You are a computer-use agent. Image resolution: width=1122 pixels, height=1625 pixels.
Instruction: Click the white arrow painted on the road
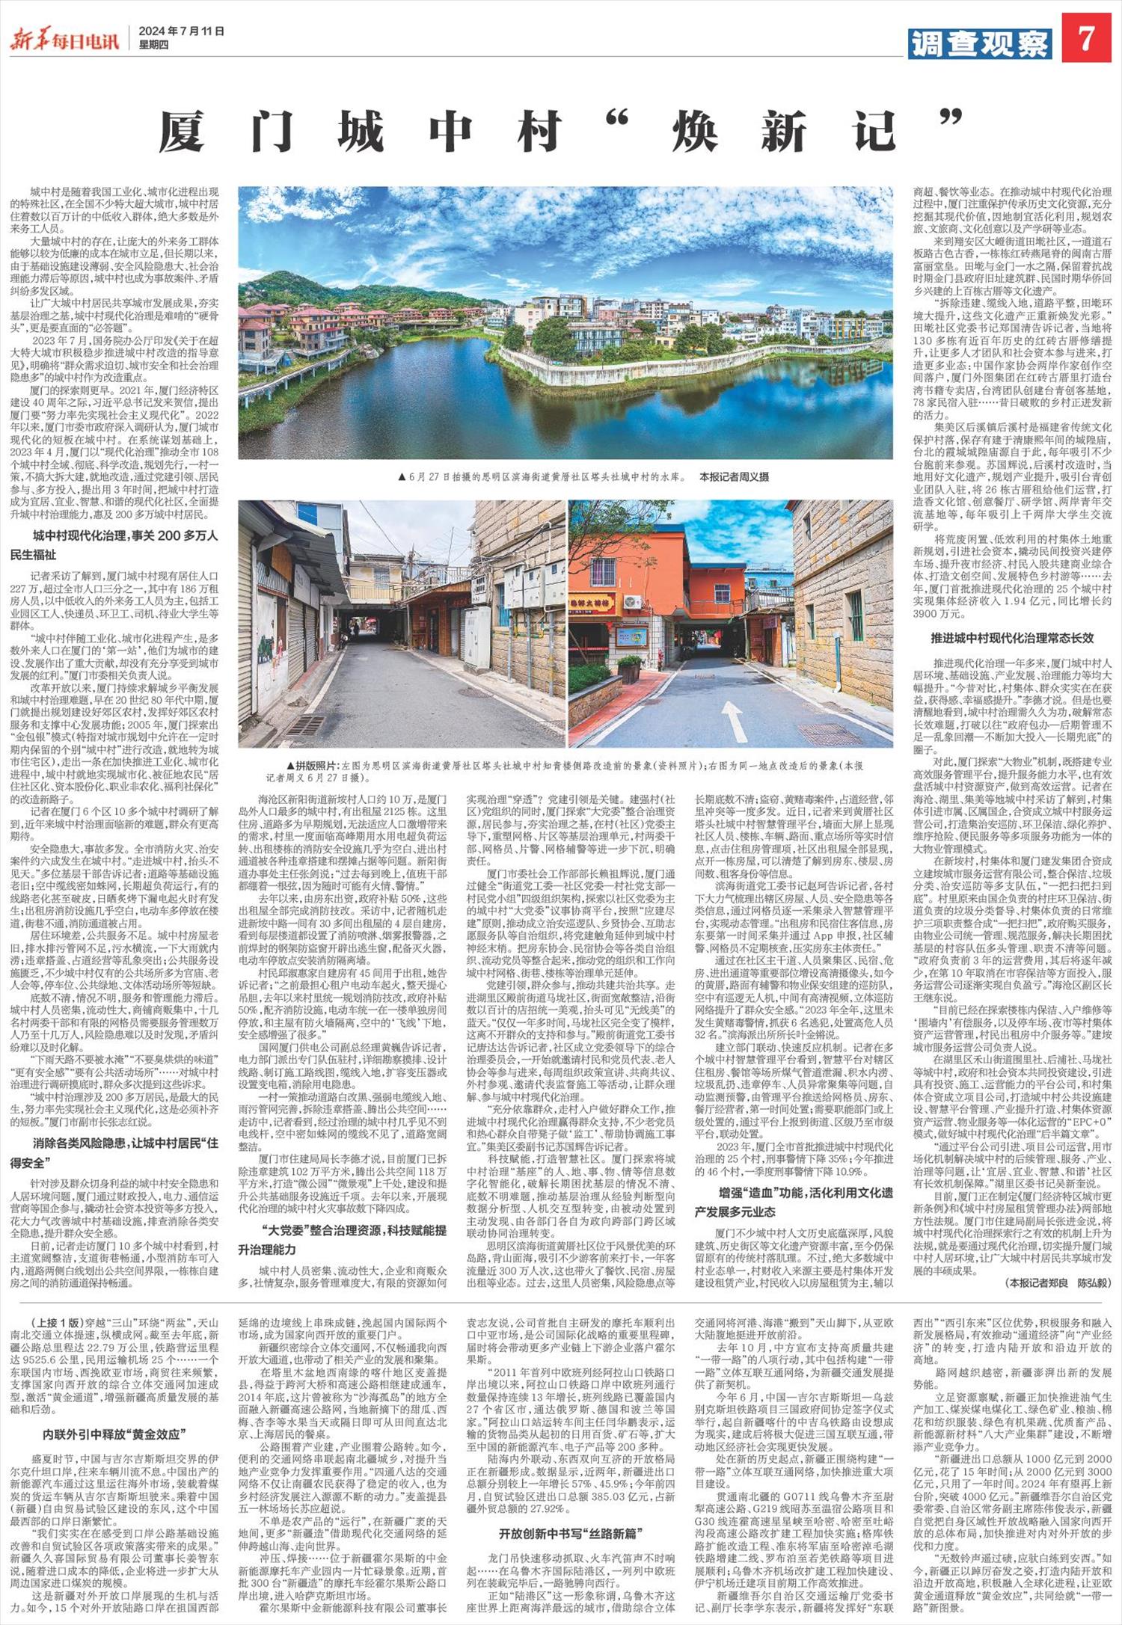pos(732,719)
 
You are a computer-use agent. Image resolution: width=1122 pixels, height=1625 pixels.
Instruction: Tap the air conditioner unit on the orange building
pos(633,602)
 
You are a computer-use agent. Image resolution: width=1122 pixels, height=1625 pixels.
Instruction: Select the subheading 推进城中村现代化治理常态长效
pos(1012,639)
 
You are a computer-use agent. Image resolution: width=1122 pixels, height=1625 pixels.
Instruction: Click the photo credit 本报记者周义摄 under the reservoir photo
pos(734,476)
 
